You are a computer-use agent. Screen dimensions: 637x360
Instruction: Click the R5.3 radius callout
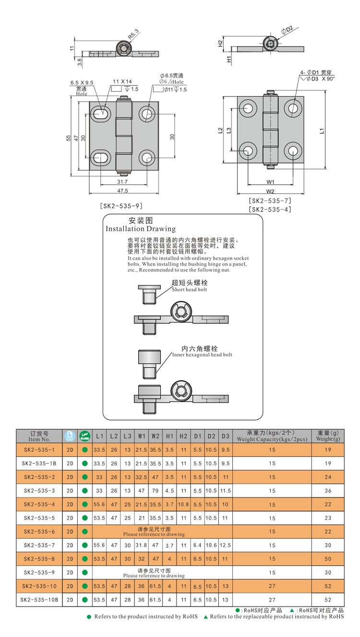[133, 34]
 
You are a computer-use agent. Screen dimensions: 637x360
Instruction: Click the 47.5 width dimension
[123, 190]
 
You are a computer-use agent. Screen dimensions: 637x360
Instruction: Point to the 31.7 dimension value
[123, 182]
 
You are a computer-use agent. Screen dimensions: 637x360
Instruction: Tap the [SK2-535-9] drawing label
[122, 206]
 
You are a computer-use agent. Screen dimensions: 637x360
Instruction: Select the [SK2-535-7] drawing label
[270, 201]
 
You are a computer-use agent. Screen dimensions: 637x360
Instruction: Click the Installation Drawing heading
[141, 229]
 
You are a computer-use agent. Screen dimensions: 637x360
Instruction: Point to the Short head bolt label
[190, 289]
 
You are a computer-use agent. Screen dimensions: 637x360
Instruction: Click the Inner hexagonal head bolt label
[202, 354]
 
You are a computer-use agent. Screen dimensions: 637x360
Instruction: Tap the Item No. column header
[39, 436]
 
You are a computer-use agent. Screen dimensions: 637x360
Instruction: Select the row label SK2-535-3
[39, 490]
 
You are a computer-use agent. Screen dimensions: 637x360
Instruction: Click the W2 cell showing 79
[156, 490]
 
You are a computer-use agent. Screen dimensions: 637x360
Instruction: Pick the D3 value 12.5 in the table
[226, 545]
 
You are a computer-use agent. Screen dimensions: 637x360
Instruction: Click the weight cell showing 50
[328, 558]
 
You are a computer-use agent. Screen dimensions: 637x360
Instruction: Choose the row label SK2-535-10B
[39, 600]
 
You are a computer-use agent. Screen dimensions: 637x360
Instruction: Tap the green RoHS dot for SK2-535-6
[85, 531]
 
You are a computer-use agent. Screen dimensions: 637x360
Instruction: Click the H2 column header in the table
[183, 436]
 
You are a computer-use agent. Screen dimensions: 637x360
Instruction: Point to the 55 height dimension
[69, 138]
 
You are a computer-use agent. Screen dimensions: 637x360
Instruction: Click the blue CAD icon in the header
[70, 436]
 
